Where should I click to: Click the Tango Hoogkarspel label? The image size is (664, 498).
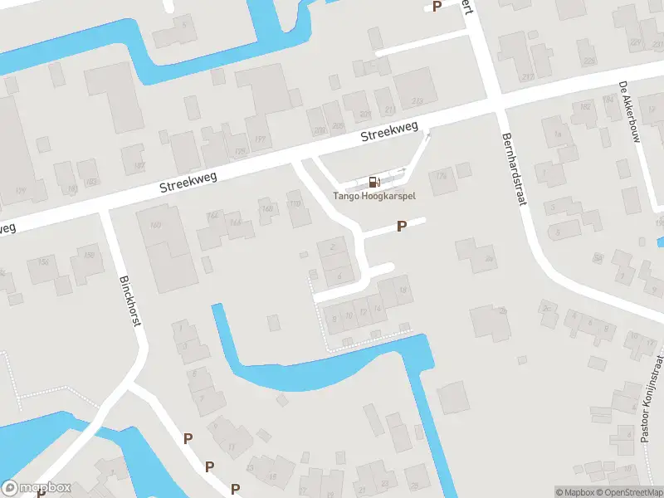374,197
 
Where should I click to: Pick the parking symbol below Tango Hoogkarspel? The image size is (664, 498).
402,226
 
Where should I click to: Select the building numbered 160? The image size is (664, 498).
155,226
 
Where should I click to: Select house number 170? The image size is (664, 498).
293,203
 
